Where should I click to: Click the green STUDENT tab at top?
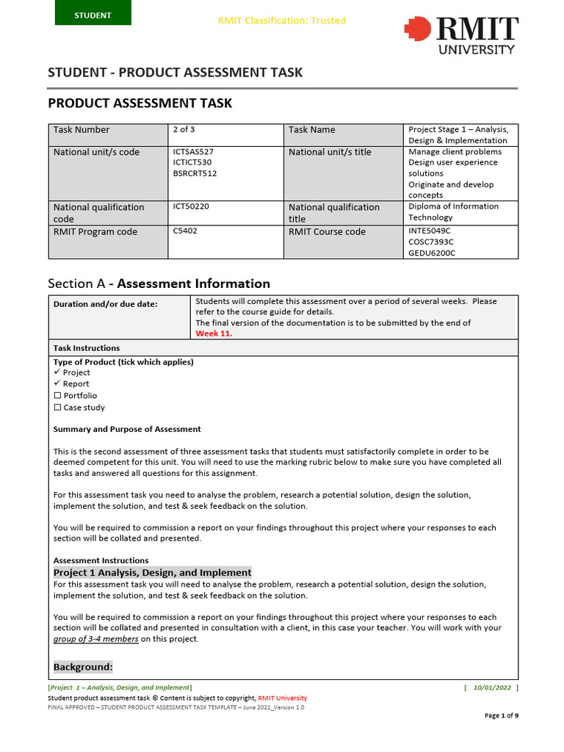(93, 15)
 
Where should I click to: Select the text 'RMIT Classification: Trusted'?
(282, 21)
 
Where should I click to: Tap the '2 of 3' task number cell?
(184, 129)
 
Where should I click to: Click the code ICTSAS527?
(193, 152)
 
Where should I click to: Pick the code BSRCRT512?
(195, 173)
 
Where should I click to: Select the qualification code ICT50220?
(191, 206)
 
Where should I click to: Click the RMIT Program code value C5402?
(185, 231)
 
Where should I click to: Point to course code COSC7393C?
(431, 242)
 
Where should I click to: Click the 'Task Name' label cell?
(311, 130)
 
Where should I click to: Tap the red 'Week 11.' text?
(214, 333)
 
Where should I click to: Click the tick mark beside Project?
(57, 372)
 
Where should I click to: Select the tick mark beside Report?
(57, 383)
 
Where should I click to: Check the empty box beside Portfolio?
(57, 396)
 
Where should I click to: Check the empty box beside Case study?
(57, 408)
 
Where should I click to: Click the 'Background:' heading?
(83, 667)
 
